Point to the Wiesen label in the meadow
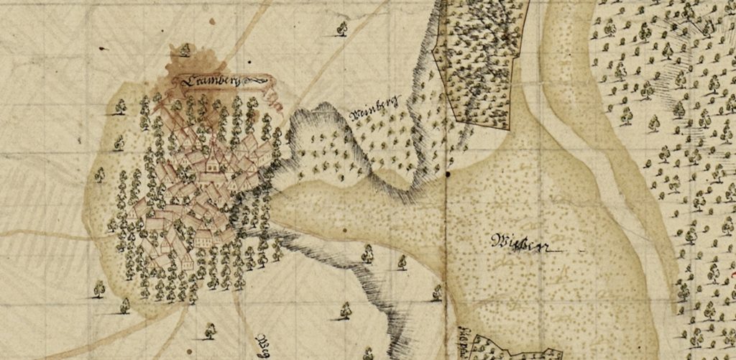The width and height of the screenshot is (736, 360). [x=519, y=243]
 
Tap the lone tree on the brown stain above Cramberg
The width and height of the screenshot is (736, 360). [x=185, y=50]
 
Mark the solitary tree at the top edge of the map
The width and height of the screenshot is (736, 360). [x=342, y=29]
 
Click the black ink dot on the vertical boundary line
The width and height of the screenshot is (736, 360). [x=446, y=173]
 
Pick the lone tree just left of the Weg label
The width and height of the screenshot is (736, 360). [x=210, y=331]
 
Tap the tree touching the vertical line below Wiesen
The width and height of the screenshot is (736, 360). [x=437, y=292]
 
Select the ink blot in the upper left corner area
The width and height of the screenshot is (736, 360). [x=102, y=48]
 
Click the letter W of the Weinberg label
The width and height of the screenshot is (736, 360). [x=353, y=115]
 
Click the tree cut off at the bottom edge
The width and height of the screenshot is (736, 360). [x=369, y=354]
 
